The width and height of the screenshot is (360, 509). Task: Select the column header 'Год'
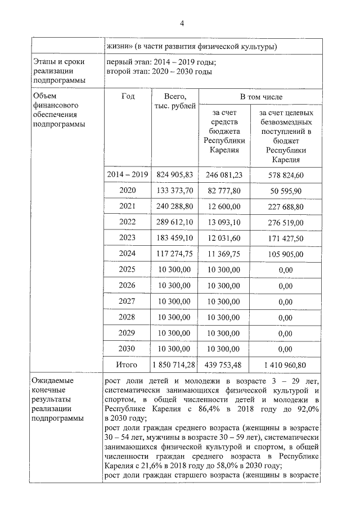(128, 96)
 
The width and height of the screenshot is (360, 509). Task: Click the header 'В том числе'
(261, 97)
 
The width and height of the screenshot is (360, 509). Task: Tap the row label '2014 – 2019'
(128, 175)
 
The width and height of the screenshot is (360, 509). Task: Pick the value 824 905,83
(174, 175)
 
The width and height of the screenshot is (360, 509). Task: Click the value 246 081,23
(224, 175)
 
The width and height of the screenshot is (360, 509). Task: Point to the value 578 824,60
(286, 175)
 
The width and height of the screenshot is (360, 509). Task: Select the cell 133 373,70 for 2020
(174, 191)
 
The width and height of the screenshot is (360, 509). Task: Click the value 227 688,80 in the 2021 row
(286, 206)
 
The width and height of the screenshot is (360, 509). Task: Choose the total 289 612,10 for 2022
(174, 222)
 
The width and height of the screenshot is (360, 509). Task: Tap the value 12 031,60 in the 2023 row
(224, 238)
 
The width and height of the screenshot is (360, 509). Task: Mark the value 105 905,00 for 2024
(286, 254)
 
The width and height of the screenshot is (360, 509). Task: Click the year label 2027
(128, 301)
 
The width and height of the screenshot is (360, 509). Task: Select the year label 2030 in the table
(128, 349)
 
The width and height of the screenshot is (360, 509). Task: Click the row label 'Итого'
(127, 364)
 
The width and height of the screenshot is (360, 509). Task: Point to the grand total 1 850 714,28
(174, 364)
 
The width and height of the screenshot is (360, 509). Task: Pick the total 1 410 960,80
(286, 364)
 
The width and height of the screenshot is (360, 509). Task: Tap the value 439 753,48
(224, 364)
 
